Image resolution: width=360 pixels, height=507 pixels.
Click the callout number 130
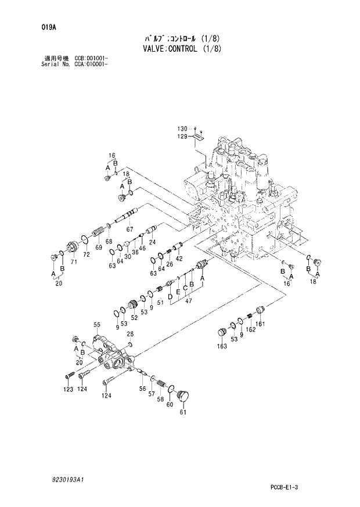[x=183, y=128]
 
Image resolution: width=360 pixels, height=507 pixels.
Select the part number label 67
[x=129, y=229]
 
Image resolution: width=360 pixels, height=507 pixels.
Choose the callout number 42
[x=179, y=258]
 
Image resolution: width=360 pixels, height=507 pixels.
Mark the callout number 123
[x=69, y=389]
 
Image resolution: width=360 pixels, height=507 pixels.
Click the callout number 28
[x=130, y=334]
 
